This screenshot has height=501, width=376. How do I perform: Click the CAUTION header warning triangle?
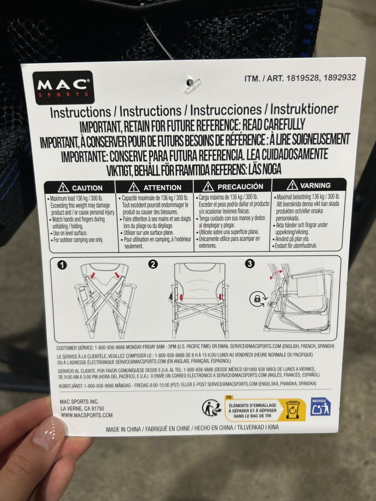64,188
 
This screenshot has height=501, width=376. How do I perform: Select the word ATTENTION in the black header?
162,188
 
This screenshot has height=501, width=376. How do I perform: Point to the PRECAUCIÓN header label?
240,186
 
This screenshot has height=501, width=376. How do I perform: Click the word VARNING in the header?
315,185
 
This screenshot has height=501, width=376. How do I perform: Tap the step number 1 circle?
63,265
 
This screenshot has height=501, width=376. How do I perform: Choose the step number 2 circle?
153,264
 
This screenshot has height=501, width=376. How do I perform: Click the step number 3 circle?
250,263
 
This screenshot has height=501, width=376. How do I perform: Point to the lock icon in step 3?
257,299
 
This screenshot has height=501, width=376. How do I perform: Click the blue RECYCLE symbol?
320,407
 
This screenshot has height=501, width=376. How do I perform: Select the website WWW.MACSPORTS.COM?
86,415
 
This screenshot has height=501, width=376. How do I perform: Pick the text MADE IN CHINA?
123,429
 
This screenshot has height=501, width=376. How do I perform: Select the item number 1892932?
338,77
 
